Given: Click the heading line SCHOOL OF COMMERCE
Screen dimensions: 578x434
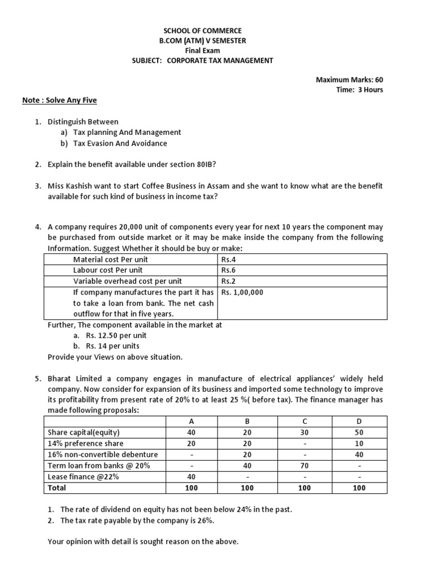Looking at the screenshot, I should point(210,30).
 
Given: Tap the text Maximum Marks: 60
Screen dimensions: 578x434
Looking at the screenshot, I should point(349,80).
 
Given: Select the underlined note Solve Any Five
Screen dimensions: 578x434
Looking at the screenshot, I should point(59,100).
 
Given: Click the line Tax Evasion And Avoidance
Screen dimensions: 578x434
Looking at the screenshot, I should point(120,143).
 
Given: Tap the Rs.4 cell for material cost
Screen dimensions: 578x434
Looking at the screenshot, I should point(227,260).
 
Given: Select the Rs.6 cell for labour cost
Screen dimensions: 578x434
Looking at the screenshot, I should point(227,270).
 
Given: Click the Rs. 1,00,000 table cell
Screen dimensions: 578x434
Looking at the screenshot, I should point(242,292).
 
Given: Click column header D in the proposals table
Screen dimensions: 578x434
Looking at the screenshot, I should point(359,421).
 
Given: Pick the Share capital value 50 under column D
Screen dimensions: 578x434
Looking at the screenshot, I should point(359,432).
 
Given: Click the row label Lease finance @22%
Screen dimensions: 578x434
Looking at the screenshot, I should point(84,476).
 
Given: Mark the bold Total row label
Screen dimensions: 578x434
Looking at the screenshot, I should point(57,488).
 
